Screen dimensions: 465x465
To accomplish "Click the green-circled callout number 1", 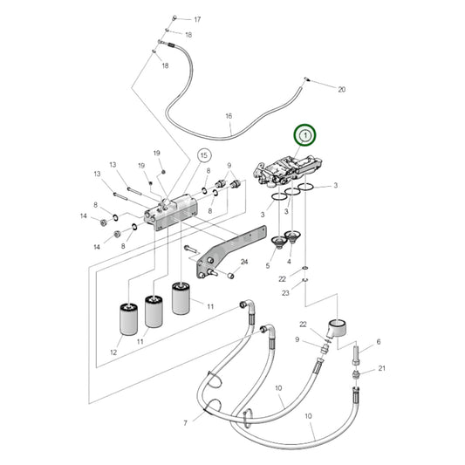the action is pos(305,135).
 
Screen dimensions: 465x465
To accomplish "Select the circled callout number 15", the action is pos(204,155).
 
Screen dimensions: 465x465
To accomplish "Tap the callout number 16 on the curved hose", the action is pos(229,116).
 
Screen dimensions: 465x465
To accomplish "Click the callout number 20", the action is pos(342,89).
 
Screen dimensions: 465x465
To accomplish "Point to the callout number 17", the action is pos(197,19).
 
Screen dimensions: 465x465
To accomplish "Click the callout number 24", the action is pos(244,262).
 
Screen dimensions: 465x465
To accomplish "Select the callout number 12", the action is pos(113,352).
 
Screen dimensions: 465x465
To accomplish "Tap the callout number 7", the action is pos(185,423).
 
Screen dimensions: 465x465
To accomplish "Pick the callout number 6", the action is pos(379,342).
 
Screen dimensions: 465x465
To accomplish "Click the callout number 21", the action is pos(381,368).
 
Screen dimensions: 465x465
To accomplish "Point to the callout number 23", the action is pos(285,293).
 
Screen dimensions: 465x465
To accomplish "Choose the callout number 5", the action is pos(268,266).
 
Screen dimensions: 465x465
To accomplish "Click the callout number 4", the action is pos(289,261).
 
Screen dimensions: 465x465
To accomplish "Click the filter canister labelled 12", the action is pos(128,319).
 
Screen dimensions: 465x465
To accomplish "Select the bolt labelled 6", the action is pos(356,356).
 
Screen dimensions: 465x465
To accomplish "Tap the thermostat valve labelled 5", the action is pos(278,242).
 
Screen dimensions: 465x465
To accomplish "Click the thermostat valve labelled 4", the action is pos(293,236).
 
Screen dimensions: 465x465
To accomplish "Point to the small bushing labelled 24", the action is pos(230,276).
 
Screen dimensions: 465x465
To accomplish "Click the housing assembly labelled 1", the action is pos(287,171).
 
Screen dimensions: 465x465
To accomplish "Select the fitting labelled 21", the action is pos(356,375).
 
